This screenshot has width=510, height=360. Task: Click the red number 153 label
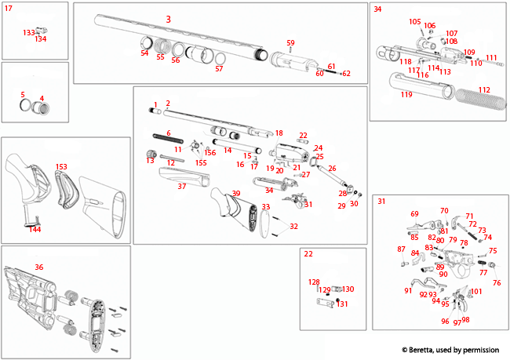tap(61, 166)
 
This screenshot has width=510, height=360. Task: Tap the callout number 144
tap(35, 229)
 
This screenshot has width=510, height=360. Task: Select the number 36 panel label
tap(39, 267)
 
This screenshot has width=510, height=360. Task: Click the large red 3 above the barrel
tap(168, 18)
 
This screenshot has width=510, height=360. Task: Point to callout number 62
tap(346, 73)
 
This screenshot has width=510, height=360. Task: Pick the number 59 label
tap(290, 42)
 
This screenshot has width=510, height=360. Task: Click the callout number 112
tap(484, 89)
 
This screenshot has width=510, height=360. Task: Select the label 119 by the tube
tap(406, 95)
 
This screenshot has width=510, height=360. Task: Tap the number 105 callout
tap(414, 21)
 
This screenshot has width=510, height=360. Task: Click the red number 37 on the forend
tap(181, 187)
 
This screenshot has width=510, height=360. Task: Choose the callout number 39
tap(235, 194)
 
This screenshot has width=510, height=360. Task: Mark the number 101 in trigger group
tap(476, 292)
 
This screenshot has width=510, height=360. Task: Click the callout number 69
tap(414, 213)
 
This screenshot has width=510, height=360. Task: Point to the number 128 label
tap(313, 282)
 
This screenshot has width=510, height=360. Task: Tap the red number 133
tap(28, 33)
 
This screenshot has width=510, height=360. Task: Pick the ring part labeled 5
tap(26, 106)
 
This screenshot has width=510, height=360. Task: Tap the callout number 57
tap(219, 69)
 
